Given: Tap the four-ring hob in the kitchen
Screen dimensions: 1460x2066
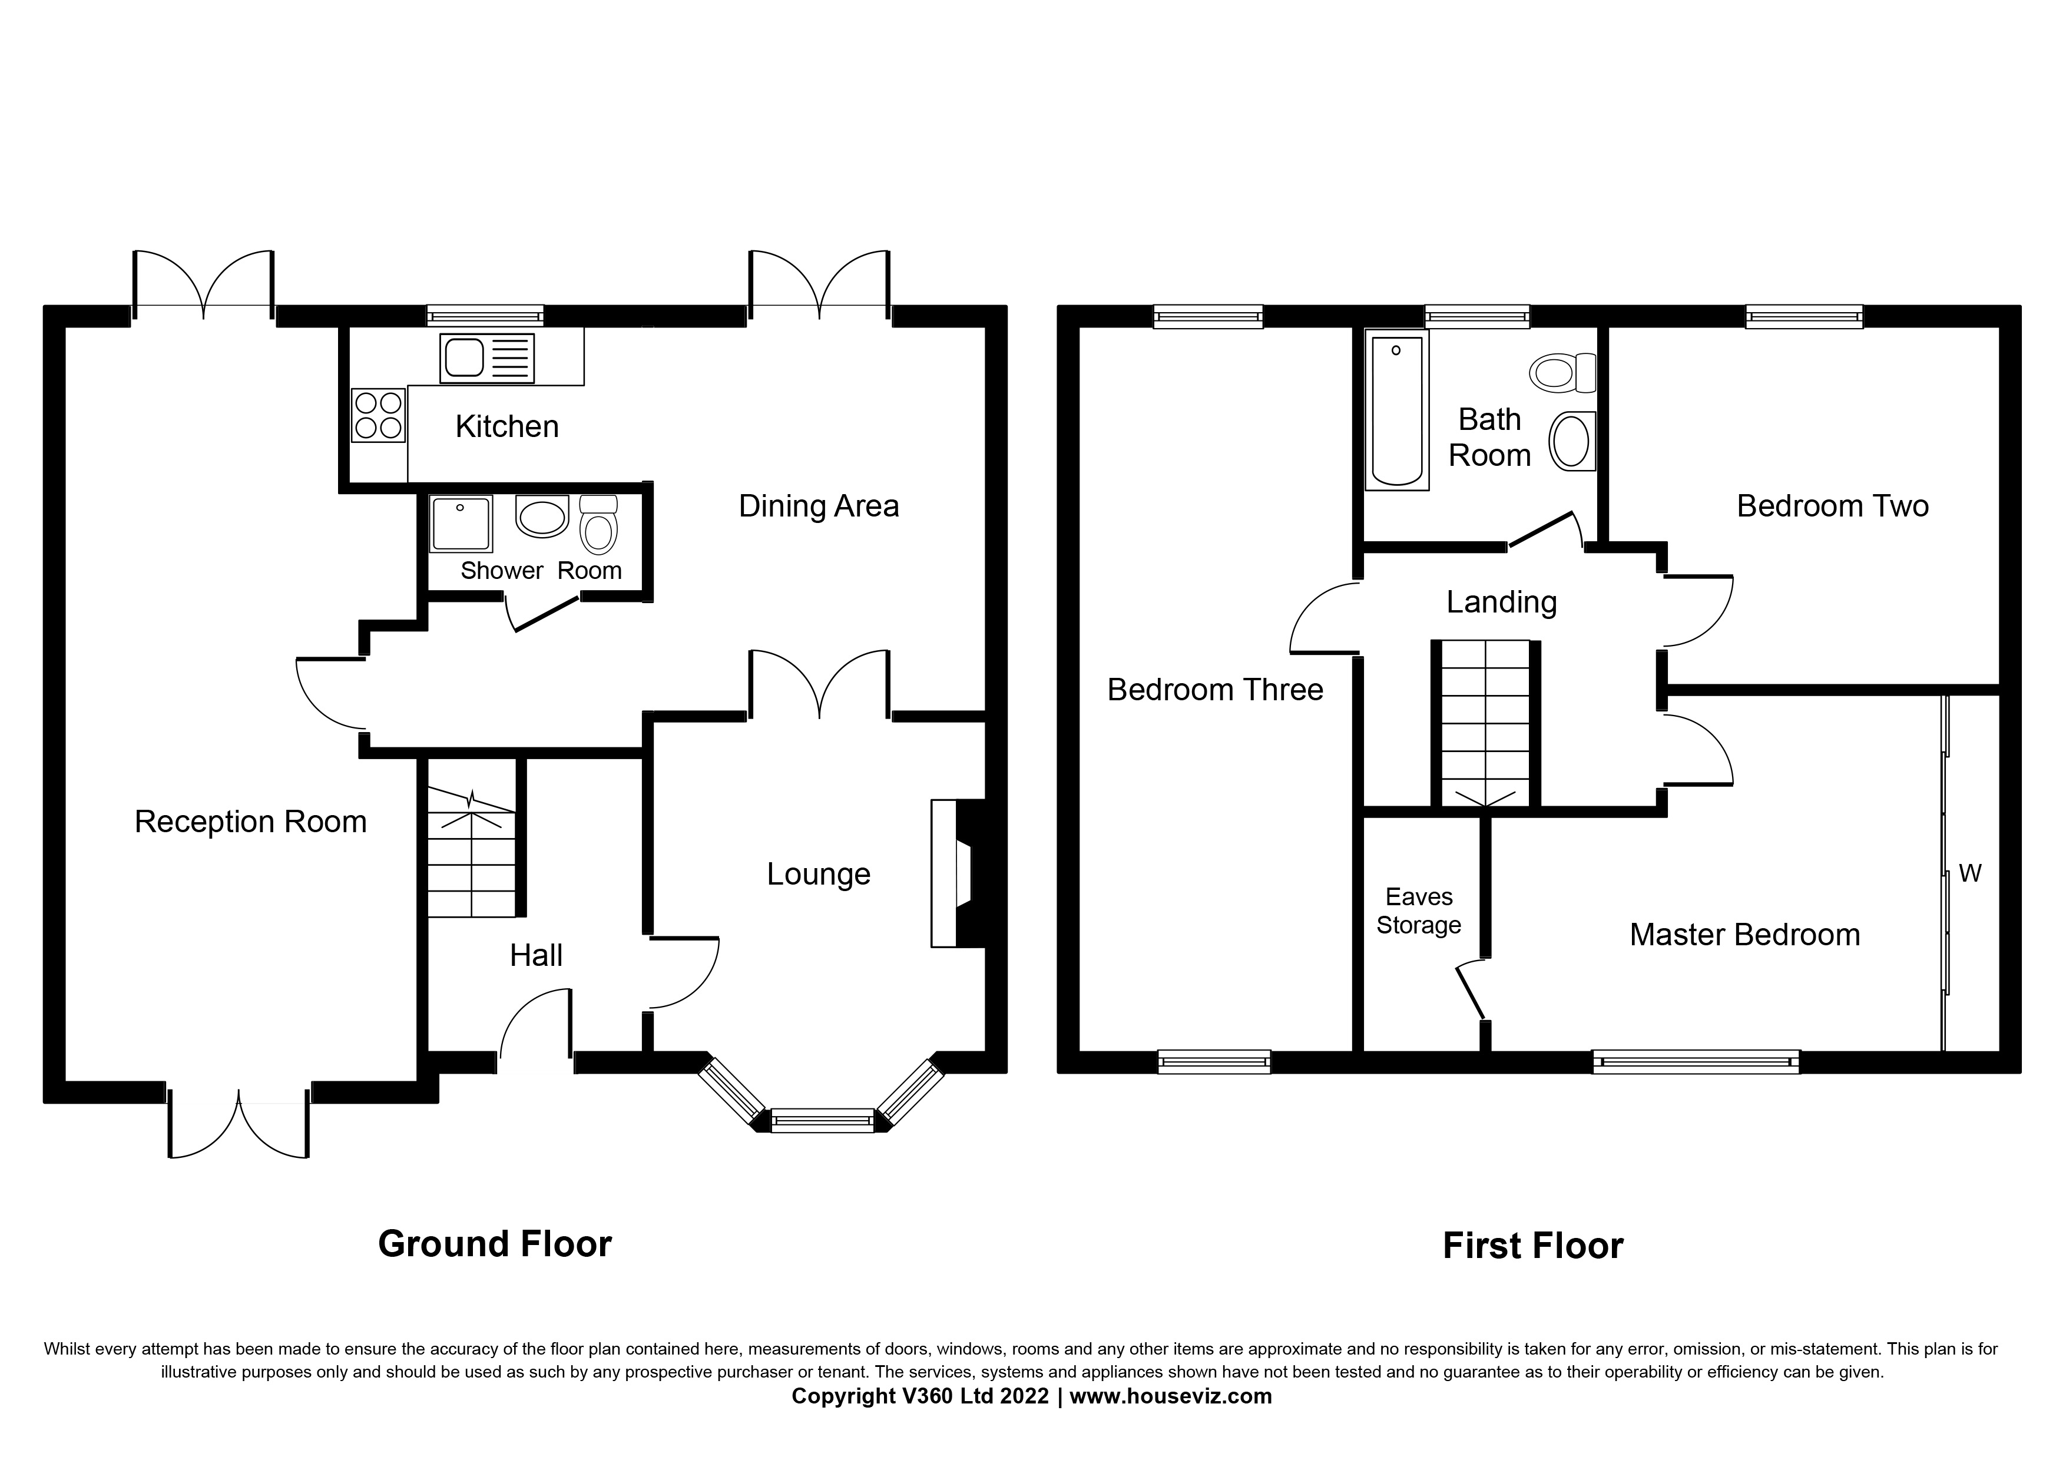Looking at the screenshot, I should (x=378, y=415).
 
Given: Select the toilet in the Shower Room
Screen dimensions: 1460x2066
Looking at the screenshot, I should (x=598, y=525).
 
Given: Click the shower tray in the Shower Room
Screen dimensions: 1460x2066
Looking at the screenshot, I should (x=461, y=524).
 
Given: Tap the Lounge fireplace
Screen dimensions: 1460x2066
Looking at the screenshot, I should (x=956, y=873).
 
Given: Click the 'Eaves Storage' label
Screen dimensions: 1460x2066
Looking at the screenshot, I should (x=1418, y=911).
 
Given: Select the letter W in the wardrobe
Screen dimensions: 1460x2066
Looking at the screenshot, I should (x=1970, y=873).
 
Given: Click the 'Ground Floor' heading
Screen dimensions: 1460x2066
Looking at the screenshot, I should (x=495, y=1244).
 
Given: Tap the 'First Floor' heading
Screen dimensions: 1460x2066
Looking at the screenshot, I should (x=1532, y=1246).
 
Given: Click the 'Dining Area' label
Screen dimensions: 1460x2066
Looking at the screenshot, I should (x=818, y=506).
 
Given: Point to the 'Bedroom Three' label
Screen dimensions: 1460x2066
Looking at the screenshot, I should (x=1215, y=690).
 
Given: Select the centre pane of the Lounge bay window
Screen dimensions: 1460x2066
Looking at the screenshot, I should (x=822, y=1120).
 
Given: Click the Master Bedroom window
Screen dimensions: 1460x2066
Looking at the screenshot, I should (x=1696, y=1062).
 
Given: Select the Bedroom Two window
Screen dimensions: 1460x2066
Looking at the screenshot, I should (x=1803, y=317).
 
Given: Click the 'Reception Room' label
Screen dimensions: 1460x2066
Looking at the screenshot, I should (x=250, y=822).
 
